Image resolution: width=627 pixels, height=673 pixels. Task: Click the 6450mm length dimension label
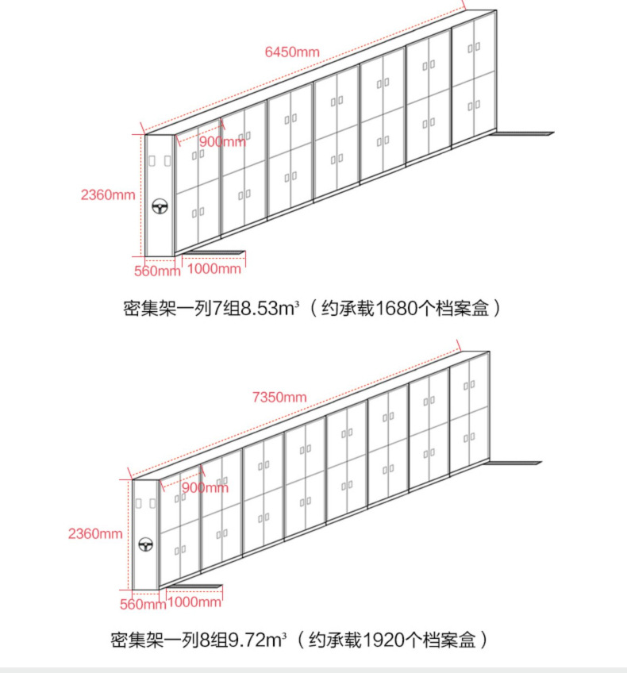tap(292, 52)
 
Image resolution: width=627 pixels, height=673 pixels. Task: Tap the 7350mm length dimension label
tap(279, 397)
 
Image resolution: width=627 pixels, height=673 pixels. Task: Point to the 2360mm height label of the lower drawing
tap(95, 533)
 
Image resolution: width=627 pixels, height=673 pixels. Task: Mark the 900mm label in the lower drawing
tap(205, 487)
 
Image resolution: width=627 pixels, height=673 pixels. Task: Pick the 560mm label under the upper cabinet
tap(157, 270)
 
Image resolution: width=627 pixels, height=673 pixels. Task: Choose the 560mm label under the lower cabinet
tap(143, 605)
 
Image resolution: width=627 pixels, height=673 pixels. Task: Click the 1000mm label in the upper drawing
tap(213, 268)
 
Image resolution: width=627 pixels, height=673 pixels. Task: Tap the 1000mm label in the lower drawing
tap(194, 602)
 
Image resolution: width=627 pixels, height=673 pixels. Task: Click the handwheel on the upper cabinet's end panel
tap(160, 207)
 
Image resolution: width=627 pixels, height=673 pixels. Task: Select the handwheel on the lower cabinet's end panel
tap(146, 544)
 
